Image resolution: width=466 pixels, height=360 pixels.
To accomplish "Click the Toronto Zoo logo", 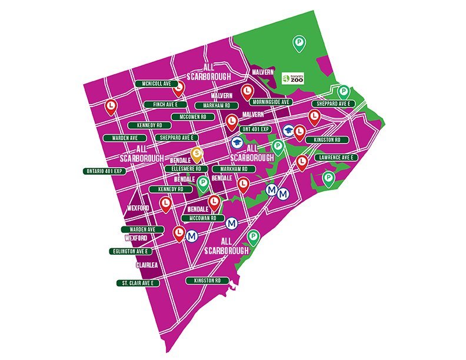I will (x=293, y=78).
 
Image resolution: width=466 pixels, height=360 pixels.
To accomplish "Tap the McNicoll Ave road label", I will (x=156, y=84).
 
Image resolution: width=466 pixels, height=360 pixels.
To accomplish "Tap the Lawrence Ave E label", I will (x=335, y=158).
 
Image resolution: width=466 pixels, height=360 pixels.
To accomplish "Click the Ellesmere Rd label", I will (x=187, y=169).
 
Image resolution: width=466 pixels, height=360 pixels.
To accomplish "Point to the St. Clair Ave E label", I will (x=138, y=283).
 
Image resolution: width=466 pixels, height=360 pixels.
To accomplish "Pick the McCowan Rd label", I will (x=202, y=218).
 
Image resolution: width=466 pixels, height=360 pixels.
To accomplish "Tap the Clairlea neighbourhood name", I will (x=147, y=265).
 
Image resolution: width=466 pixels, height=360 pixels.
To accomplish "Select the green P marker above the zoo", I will (x=299, y=42).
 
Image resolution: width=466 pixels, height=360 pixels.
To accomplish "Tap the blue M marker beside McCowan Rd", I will (x=232, y=224).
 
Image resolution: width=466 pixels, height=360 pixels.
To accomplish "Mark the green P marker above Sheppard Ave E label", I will (x=344, y=91).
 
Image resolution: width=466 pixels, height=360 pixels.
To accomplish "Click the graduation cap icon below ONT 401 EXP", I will (x=236, y=142).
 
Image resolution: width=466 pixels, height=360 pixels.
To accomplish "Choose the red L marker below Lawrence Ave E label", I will (x=302, y=161).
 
